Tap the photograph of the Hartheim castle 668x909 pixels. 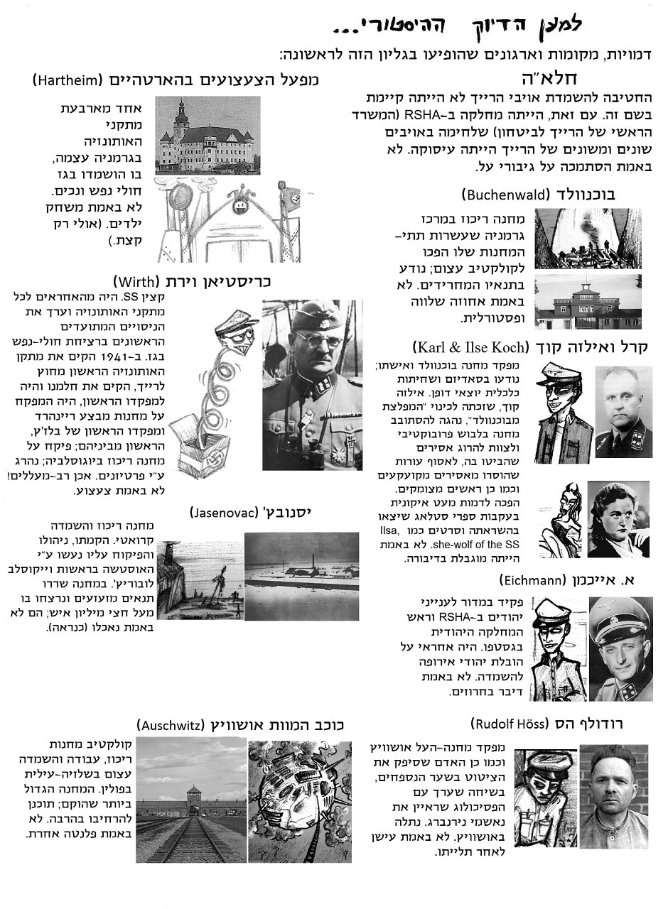(x=207, y=135)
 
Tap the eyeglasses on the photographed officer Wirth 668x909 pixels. (x=319, y=340)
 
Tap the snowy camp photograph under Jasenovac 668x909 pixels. (x=301, y=576)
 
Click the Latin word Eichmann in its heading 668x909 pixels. (x=532, y=580)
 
